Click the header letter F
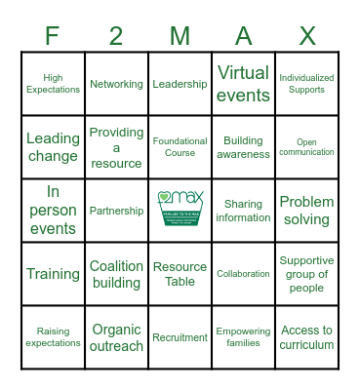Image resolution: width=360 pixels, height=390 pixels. [x=53, y=36]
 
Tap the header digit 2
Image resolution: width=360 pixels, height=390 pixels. [x=116, y=36]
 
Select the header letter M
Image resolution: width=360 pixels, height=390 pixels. [x=180, y=36]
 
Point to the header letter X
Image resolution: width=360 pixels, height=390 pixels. [x=306, y=36]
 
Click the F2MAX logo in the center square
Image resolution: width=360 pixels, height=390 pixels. [x=180, y=210]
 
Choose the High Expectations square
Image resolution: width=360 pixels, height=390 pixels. [x=53, y=84]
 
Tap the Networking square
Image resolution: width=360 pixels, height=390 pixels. [x=116, y=84]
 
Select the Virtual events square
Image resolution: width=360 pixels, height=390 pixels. [x=243, y=84]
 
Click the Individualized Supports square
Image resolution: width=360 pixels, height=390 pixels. [x=306, y=84]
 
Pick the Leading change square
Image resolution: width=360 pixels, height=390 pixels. [x=53, y=147]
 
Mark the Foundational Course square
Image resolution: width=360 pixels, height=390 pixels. [x=180, y=147]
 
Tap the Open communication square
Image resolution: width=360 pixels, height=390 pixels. [x=306, y=147]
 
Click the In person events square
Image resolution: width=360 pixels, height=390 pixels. [x=53, y=211]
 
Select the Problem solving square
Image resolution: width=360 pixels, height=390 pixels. [x=306, y=211]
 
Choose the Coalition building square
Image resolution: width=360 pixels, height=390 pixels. [x=116, y=274]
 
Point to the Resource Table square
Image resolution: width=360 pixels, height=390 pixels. [x=180, y=274]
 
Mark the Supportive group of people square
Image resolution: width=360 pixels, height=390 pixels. [x=306, y=274]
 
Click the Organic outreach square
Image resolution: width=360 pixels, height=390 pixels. [x=116, y=337]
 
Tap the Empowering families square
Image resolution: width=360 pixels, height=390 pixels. [x=243, y=337]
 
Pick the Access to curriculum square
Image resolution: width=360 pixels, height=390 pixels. [x=306, y=337]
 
